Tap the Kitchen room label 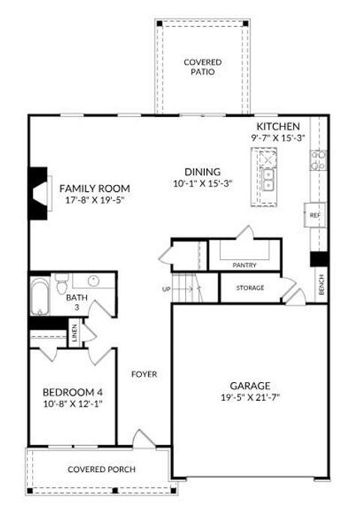click(x=278, y=127)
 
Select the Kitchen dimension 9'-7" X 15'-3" click(x=278, y=139)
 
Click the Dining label click(x=203, y=171)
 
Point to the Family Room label click(x=94, y=188)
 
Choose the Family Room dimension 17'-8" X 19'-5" click(x=94, y=201)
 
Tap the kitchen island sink click(x=268, y=179)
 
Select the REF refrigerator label click(x=315, y=215)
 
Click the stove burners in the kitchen click(x=319, y=159)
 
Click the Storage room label click(x=250, y=288)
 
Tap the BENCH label click(x=321, y=284)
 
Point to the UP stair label click(x=166, y=288)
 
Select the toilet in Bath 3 click(x=63, y=282)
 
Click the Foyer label click(x=144, y=374)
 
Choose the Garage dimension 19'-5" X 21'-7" click(x=250, y=397)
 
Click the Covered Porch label click(x=101, y=470)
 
